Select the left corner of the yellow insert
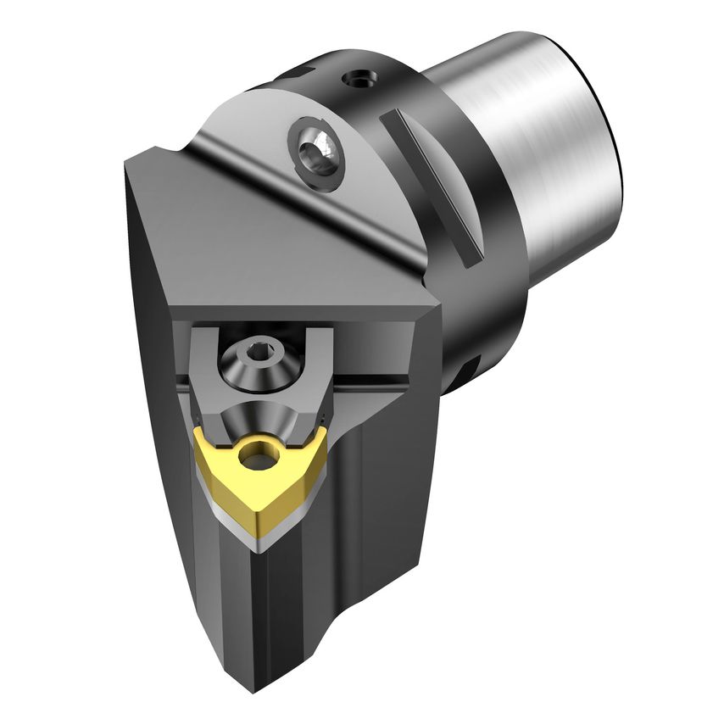(x=198, y=433)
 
